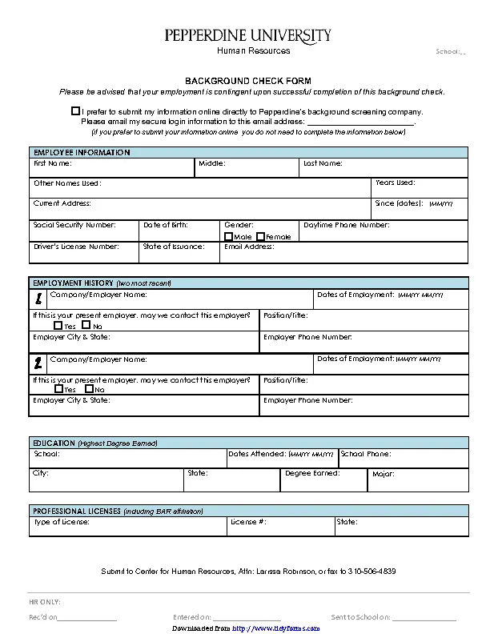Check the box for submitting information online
click(75, 111)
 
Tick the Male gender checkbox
click(229, 236)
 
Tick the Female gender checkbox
click(260, 236)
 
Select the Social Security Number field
click(83, 231)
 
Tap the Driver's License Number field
click(83, 252)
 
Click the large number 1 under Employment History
click(38, 299)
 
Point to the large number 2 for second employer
click(38, 363)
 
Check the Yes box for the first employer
click(58, 326)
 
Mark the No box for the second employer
click(86, 388)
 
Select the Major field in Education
click(417, 480)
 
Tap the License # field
click(279, 526)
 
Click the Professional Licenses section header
click(117, 511)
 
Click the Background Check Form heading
click(248, 81)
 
